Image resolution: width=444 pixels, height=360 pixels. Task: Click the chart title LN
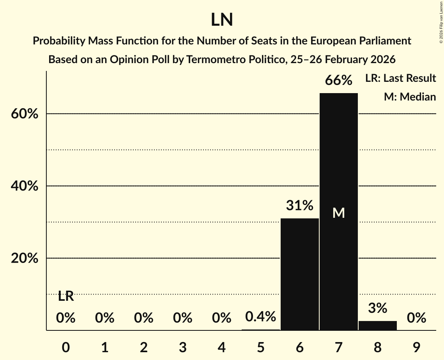coord(222,20)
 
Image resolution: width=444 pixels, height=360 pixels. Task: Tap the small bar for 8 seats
coord(377,325)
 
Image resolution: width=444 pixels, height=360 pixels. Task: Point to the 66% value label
coord(339,81)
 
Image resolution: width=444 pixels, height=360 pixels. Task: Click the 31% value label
coord(299,206)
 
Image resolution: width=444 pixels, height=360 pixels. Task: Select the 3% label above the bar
coord(377,308)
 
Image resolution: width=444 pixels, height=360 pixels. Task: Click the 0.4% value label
coord(261,317)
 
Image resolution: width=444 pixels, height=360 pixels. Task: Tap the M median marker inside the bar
coord(339,213)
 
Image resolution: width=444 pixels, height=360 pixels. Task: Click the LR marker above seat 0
coord(66,296)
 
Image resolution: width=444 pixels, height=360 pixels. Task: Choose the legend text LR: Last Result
coord(400,78)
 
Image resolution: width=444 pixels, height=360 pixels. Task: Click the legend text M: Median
coord(410,97)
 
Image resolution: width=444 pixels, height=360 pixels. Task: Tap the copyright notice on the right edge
coord(441,23)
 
